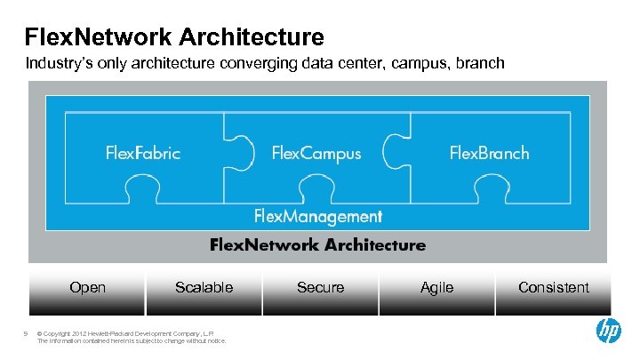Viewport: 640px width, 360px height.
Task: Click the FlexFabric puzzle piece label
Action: tap(143, 153)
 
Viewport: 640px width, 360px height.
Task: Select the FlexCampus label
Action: tap(316, 153)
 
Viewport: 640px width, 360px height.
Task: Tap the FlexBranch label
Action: tap(489, 153)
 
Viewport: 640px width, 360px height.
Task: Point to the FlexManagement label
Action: tap(318, 216)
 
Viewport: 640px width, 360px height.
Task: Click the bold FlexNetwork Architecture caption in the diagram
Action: tap(317, 244)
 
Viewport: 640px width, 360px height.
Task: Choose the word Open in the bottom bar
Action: tap(87, 287)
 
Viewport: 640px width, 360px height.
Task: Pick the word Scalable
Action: tap(204, 287)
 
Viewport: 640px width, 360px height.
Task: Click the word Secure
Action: tap(320, 287)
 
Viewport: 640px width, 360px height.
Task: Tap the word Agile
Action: tap(436, 287)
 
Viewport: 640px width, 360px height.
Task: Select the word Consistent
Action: tap(553, 287)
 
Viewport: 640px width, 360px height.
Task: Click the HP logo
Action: tap(608, 331)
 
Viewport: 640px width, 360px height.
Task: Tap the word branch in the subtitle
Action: tap(482, 64)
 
